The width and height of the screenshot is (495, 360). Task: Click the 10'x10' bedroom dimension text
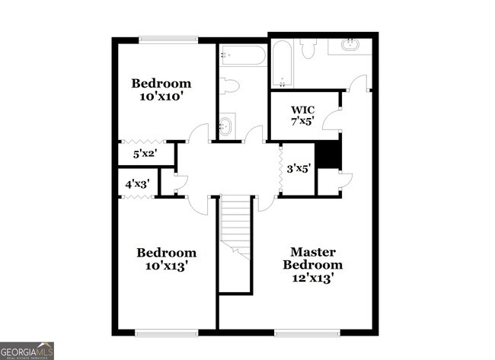[161, 97]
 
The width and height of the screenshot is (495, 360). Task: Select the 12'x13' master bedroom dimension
[312, 278]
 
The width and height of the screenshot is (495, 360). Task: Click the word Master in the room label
[312, 252]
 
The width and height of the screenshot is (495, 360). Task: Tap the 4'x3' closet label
[137, 183]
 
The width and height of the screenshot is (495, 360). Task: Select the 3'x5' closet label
[299, 169]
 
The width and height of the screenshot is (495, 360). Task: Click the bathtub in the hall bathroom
[243, 55]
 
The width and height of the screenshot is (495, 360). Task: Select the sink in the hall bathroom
[226, 125]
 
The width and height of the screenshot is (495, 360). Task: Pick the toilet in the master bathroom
[308, 49]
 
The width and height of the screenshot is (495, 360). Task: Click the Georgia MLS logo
[27, 350]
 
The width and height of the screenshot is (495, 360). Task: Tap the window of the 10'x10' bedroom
[168, 39]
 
